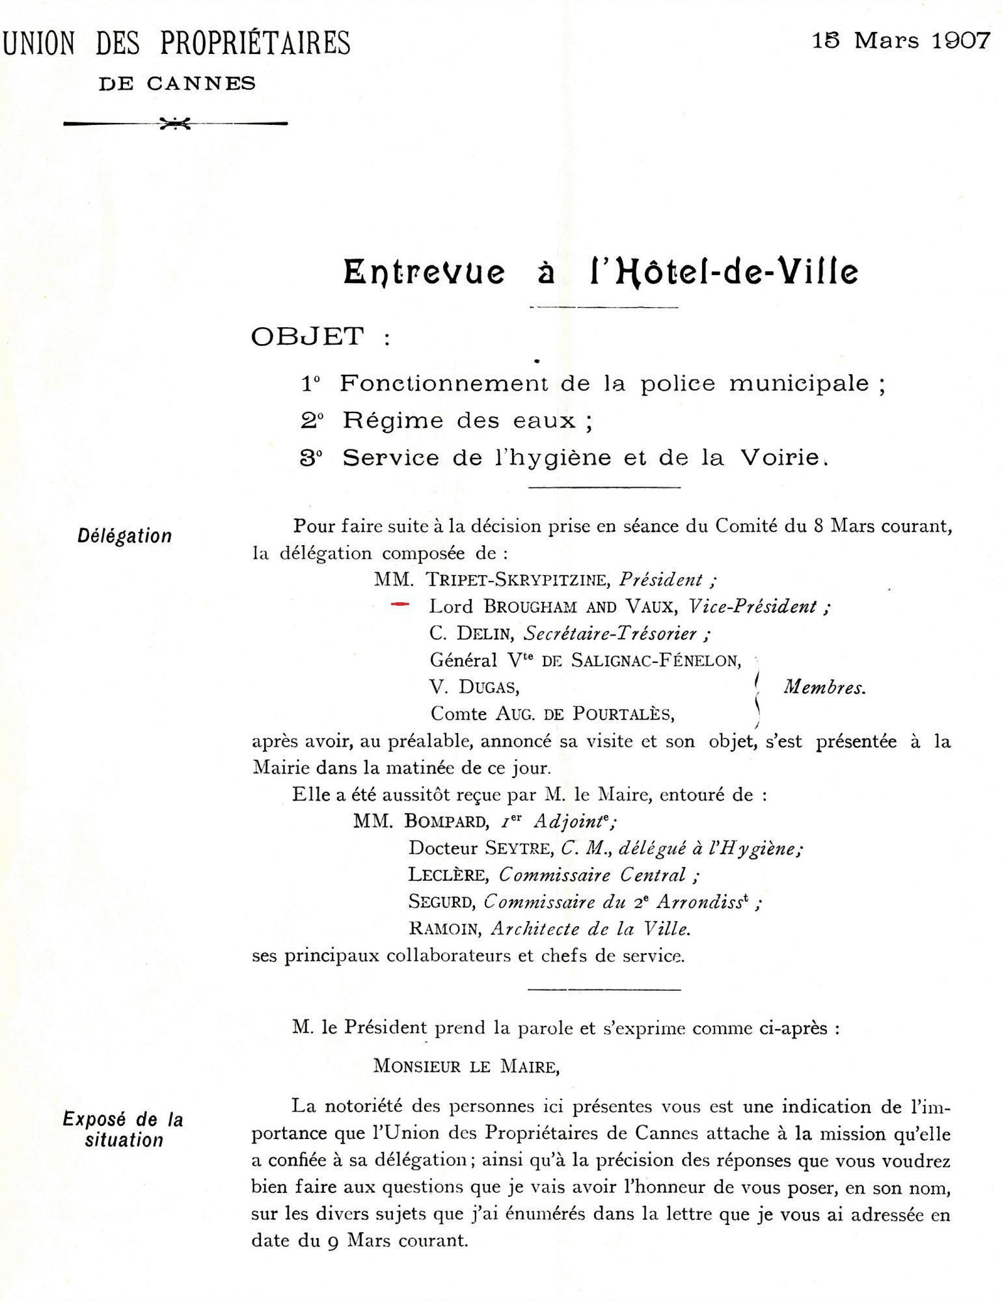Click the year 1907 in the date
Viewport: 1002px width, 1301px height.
coord(960,42)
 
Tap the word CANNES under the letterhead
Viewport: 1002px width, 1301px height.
coord(201,84)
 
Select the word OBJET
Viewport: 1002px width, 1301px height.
coord(308,337)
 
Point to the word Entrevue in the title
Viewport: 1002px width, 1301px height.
coord(424,272)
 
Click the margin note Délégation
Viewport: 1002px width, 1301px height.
coord(125,536)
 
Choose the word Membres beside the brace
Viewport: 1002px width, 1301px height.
coord(824,688)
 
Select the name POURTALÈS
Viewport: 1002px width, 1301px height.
coord(623,714)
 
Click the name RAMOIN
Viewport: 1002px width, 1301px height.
coord(445,929)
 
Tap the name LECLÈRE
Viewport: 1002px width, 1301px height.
coord(448,876)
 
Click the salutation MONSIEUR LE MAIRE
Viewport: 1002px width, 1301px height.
coord(466,1067)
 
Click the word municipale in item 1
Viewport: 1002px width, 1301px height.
coord(799,383)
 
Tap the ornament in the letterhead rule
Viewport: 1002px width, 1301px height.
coord(175,123)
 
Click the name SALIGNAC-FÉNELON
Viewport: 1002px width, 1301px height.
coord(656,661)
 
